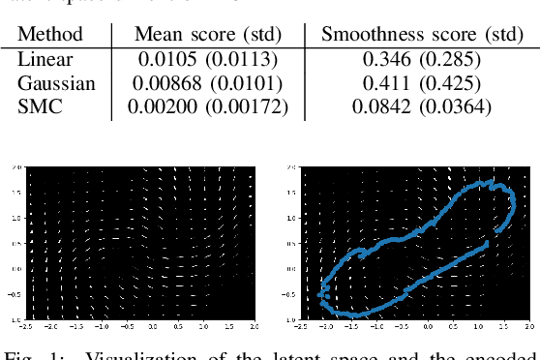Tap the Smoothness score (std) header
tap(422, 36)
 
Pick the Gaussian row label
tap(56, 83)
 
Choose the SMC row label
tap(40, 106)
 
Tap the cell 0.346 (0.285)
tap(422, 60)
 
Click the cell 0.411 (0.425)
tap(422, 83)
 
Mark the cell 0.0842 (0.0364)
tap(422, 106)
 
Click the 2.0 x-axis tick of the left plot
tap(253, 326)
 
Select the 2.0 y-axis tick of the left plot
tap(16, 166)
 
